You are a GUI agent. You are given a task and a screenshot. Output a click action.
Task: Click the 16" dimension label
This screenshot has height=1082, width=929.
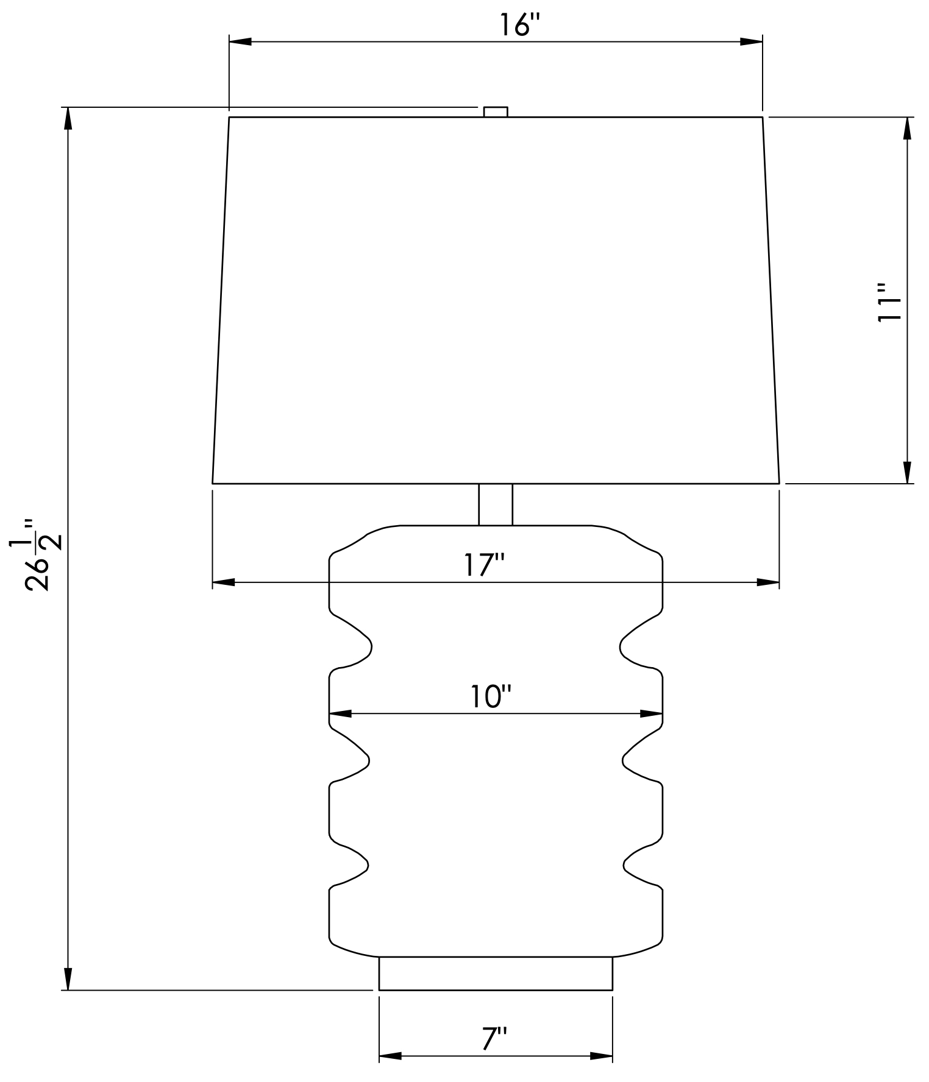point(520,26)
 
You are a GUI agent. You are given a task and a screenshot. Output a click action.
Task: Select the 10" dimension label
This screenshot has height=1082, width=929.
point(490,696)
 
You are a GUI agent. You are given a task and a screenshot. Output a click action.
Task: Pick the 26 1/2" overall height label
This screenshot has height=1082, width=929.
point(44,554)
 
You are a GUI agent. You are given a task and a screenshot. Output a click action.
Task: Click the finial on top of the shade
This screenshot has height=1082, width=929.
point(496,111)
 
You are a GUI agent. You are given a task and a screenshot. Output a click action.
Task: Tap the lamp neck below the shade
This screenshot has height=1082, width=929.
point(496,504)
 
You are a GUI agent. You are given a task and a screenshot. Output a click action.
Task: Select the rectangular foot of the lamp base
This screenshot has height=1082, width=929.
point(496,973)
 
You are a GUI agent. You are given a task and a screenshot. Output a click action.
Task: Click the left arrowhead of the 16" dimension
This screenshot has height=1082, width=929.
point(240,41)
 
